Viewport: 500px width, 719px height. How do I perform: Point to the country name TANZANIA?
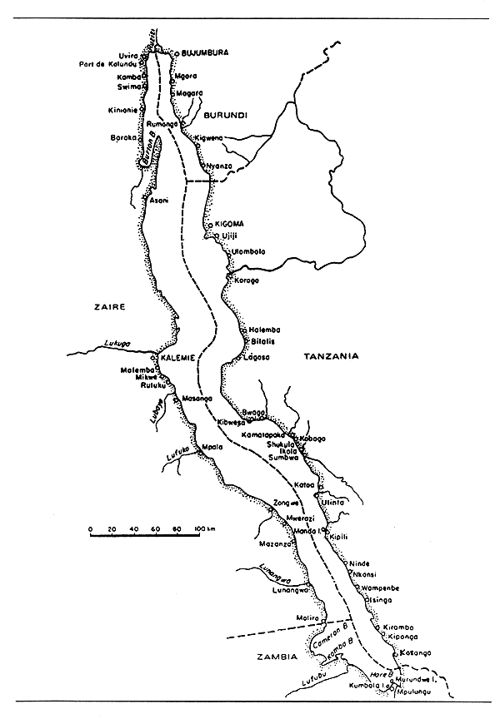[x=331, y=356]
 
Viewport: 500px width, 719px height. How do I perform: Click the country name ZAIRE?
[x=109, y=307]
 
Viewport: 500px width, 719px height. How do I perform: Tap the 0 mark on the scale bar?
[x=90, y=528]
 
